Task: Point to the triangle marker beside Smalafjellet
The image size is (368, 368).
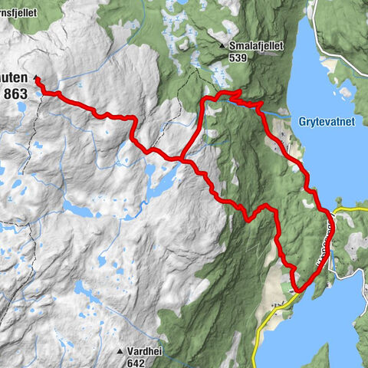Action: (x=222, y=46)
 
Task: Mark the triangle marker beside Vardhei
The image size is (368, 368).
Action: (x=120, y=351)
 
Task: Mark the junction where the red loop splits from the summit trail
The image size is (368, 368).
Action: (x=182, y=159)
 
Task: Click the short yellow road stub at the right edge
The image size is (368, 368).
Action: (x=354, y=207)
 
